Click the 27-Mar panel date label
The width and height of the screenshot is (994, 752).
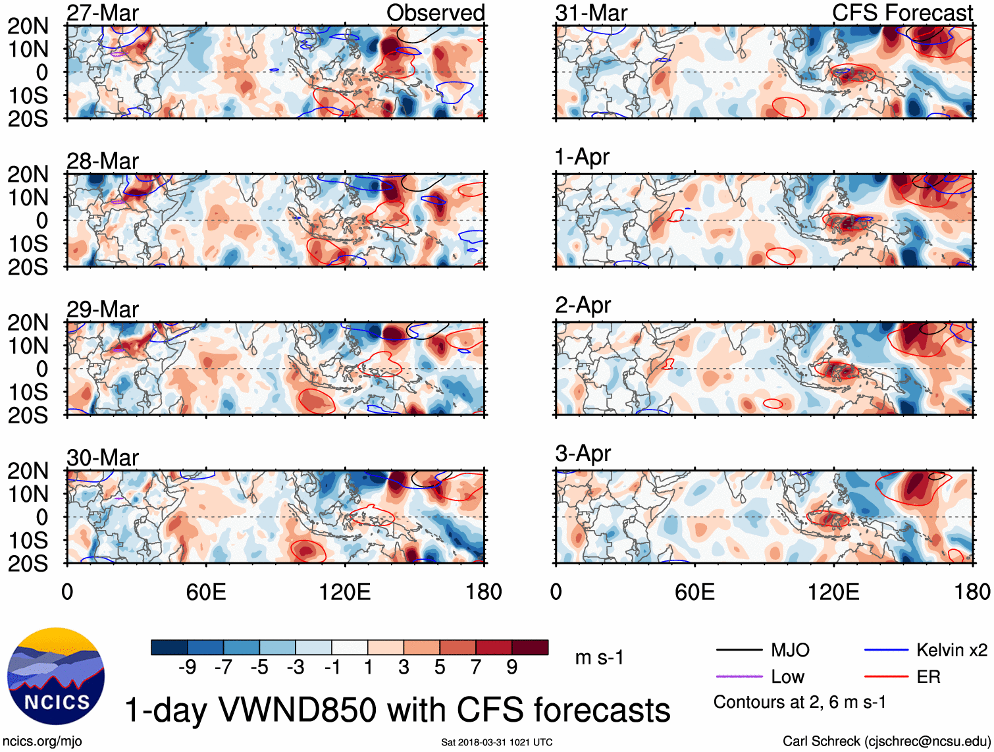tap(103, 13)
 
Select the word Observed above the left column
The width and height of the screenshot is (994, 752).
tap(435, 13)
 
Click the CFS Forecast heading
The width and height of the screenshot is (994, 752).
tap(902, 13)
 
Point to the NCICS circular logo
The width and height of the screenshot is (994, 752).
tap(56, 676)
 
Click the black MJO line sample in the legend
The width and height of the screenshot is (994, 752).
tap(739, 650)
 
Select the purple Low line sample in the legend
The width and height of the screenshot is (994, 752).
tap(739, 676)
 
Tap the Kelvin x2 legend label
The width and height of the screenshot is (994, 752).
tap(951, 650)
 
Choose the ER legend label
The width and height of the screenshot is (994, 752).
tap(928, 676)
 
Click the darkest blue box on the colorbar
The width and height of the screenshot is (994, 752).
tap(169, 647)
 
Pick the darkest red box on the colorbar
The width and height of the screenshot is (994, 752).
tap(530, 647)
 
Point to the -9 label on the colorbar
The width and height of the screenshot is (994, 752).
tap(187, 667)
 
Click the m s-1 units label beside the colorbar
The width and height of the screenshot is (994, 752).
tap(599, 657)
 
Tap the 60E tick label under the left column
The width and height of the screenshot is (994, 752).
tap(206, 591)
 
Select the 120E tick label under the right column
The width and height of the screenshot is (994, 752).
tap(833, 591)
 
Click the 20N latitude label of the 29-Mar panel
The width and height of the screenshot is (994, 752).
tap(28, 323)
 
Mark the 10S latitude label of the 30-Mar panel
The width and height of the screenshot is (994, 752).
tap(28, 540)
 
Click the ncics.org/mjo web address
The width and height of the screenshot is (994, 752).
tap(42, 741)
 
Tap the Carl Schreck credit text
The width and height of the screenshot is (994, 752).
tap(886, 741)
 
